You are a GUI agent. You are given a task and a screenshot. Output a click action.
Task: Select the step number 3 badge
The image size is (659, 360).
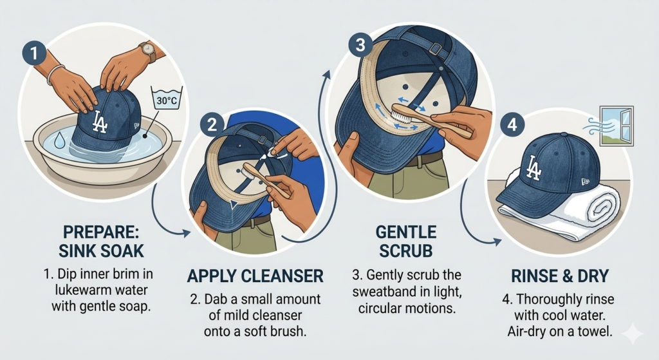point(359,46)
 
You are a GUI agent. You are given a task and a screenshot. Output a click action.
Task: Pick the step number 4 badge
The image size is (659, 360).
point(512,125)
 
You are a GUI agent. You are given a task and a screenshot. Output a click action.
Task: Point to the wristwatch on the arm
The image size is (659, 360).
point(148,51)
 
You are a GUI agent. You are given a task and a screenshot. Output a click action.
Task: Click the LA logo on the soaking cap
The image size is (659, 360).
point(100,122)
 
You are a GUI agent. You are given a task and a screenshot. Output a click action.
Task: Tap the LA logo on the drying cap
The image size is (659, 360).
point(534,168)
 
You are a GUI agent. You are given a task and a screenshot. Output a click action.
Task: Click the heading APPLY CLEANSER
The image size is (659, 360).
point(255,277)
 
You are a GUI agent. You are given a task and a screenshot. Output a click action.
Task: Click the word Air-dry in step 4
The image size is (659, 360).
point(529,332)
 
